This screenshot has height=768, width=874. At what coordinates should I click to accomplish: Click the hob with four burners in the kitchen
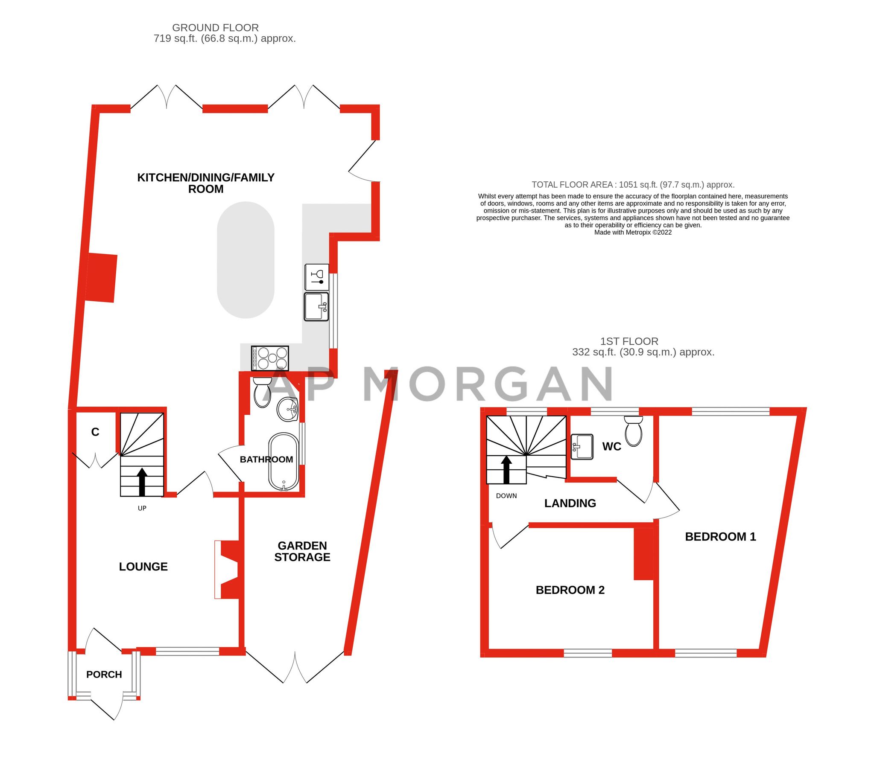tap(270, 358)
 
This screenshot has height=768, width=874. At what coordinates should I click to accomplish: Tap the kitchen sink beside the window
tap(316, 306)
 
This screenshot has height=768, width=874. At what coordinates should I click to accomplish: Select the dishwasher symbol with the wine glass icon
tap(317, 277)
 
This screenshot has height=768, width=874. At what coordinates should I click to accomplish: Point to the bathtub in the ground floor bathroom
tap(283, 462)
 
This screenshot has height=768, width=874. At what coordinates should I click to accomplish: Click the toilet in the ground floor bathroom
tap(260, 393)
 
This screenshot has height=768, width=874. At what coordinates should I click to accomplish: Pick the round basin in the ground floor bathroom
tap(287, 409)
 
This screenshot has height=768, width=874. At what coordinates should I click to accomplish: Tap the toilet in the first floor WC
tap(633, 431)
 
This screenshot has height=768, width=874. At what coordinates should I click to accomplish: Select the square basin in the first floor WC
tap(582, 447)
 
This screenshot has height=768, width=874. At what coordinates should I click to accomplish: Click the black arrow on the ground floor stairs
tap(142, 482)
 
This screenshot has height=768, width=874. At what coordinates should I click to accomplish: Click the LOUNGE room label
tap(143, 567)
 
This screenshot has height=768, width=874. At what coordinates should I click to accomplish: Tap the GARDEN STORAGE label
tap(302, 551)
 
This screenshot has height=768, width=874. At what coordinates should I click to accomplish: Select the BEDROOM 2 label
tap(570, 590)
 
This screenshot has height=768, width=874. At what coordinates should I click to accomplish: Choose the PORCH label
tap(104, 675)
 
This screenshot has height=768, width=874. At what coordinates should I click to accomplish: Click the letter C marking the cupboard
tap(95, 432)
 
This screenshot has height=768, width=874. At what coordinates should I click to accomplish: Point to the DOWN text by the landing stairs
tap(506, 496)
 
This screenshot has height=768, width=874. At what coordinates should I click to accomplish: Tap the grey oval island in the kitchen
tap(246, 260)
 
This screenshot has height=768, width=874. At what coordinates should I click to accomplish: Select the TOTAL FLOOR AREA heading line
tap(633, 185)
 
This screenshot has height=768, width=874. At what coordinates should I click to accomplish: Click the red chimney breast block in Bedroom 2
tap(643, 554)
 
